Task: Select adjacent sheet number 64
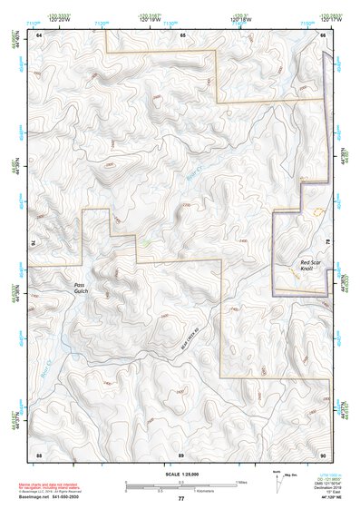pyautogui.click(x=39, y=34)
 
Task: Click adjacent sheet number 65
pyautogui.click(x=181, y=34)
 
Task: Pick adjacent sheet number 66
pyautogui.click(x=324, y=34)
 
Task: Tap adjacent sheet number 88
pyautogui.click(x=39, y=453)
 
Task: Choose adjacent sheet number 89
pyautogui.click(x=181, y=453)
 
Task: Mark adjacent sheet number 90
pyautogui.click(x=324, y=453)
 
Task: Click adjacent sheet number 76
pyautogui.click(x=34, y=243)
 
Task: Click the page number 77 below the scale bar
pyautogui.click(x=180, y=498)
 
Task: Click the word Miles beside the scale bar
pyautogui.click(x=240, y=482)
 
